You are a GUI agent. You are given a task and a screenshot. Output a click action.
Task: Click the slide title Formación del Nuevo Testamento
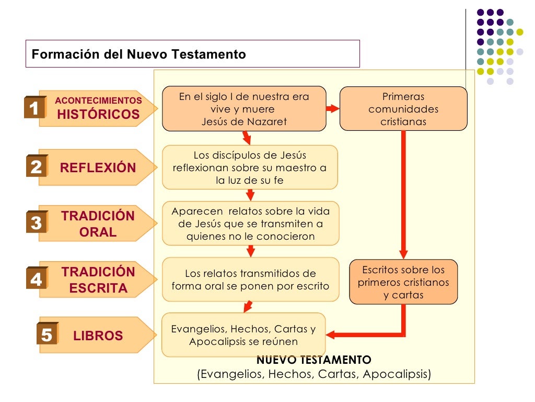pyautogui.click(x=139, y=54)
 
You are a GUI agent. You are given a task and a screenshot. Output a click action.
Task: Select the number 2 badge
pyautogui.click(x=36, y=167)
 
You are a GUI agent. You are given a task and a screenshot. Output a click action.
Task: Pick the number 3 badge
pyautogui.click(x=36, y=224)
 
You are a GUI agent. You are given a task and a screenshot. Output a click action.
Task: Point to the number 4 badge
pyautogui.click(x=36, y=280)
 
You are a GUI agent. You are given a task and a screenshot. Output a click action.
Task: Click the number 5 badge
pyautogui.click(x=46, y=335)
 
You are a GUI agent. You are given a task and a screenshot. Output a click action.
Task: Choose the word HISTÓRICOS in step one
pyautogui.click(x=98, y=115)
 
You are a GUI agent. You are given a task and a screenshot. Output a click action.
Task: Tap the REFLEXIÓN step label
pyautogui.click(x=98, y=168)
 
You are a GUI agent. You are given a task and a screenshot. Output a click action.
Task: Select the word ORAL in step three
pyautogui.click(x=98, y=232)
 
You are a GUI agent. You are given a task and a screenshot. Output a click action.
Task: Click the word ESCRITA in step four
pyautogui.click(x=98, y=288)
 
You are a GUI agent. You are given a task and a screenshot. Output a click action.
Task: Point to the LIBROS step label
pyautogui.click(x=98, y=336)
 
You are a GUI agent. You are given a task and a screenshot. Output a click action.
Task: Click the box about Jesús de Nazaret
pyautogui.click(x=244, y=109)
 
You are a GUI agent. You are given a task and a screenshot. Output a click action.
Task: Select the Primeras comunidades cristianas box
pyautogui.click(x=403, y=109)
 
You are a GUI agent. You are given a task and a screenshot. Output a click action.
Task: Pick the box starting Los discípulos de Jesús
pyautogui.click(x=250, y=167)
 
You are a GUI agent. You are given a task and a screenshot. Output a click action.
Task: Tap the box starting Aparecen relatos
pyautogui.click(x=250, y=224)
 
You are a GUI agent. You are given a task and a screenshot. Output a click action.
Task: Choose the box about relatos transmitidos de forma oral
pyautogui.click(x=250, y=280)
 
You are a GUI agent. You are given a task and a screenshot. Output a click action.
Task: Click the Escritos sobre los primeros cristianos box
pyautogui.click(x=403, y=282)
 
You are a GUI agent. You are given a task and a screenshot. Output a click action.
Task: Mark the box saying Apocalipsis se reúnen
pyautogui.click(x=243, y=335)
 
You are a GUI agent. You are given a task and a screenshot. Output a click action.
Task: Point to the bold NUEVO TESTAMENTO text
pyautogui.click(x=314, y=360)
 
